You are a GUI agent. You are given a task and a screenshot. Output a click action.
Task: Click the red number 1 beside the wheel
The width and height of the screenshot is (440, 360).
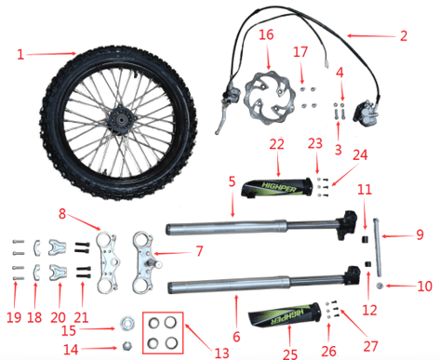pos(20,55)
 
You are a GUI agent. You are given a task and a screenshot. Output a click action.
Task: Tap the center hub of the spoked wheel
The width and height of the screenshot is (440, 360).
pos(119,119)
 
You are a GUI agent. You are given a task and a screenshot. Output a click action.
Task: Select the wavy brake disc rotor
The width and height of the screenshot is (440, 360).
pos(264,98)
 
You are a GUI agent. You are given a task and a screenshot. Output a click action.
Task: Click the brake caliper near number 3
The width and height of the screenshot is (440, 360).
pos(366,111)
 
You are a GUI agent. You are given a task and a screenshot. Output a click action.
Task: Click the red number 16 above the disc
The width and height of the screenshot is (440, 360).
pos(266,34)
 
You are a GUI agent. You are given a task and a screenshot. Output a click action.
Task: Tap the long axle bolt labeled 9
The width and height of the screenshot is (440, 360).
pos(377,247)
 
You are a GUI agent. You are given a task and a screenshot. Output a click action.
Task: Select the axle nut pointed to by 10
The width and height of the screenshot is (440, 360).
pos(379,286)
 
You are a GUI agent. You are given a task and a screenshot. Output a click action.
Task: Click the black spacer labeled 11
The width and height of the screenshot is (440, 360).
pos(365,239)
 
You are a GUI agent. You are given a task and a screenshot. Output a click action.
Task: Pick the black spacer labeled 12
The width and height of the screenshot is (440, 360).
pos(368,265)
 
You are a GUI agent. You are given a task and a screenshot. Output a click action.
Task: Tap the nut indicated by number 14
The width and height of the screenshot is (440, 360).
pos(127,346)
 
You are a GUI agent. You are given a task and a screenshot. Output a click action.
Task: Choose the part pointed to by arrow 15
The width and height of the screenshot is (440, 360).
pos(127,324)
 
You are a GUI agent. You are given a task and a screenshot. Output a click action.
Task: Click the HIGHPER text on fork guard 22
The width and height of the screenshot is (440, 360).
pos(279,187)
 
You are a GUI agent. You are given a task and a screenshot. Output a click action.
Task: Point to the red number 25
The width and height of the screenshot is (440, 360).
pos(290,353)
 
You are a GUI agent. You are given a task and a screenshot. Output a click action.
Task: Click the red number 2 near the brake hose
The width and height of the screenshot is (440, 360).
pos(404,36)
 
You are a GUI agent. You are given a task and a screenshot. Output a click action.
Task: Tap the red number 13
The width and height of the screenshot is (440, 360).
pos(221,353)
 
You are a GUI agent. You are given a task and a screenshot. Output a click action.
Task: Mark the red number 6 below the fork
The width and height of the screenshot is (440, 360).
pos(236,337)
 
